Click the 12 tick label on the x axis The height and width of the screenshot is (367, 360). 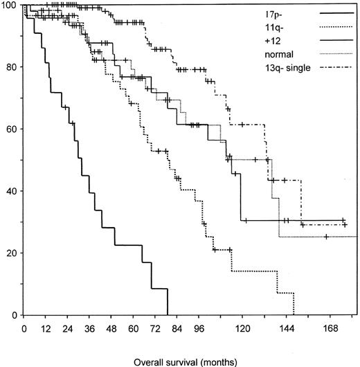coord(46,328)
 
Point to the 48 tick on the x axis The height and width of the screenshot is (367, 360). coord(111,328)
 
